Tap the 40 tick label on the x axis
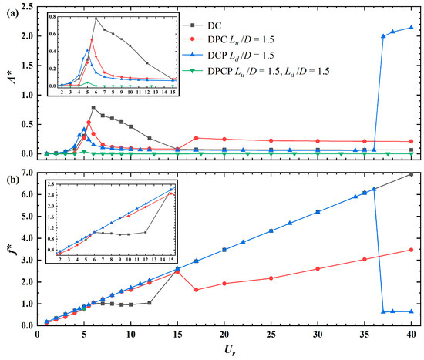coord(411,336)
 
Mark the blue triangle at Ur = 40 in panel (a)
coord(411,28)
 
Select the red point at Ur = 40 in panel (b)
coord(411,250)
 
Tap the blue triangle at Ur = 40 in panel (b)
coord(411,311)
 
